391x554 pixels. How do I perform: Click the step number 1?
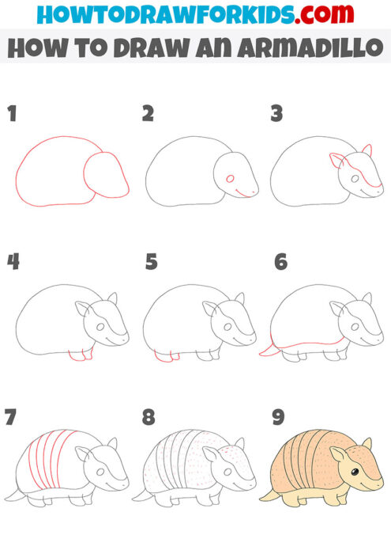point(12,113)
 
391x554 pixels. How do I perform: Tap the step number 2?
point(148,113)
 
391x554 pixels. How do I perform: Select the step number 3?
point(276,113)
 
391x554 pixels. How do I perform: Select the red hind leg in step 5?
point(163,357)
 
